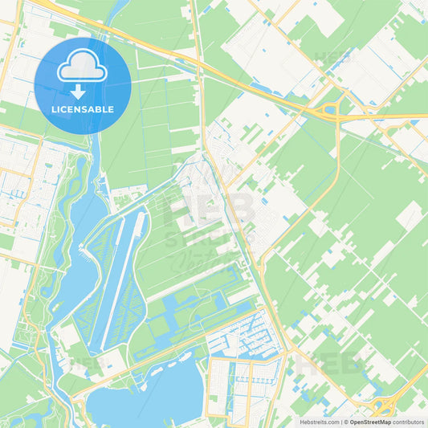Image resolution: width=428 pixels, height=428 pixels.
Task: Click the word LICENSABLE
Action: click(83, 109)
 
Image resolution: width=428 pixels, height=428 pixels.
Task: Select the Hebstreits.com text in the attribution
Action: click(318, 422)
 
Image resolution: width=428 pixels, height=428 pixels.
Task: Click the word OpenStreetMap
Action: click(370, 422)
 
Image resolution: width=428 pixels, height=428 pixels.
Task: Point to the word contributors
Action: click(408, 422)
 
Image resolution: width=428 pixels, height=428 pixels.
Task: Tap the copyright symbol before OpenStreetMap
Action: click(346, 422)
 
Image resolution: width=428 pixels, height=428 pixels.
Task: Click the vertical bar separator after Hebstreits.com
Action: click(341, 422)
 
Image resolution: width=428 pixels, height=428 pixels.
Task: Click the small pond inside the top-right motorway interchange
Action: click(331, 109)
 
